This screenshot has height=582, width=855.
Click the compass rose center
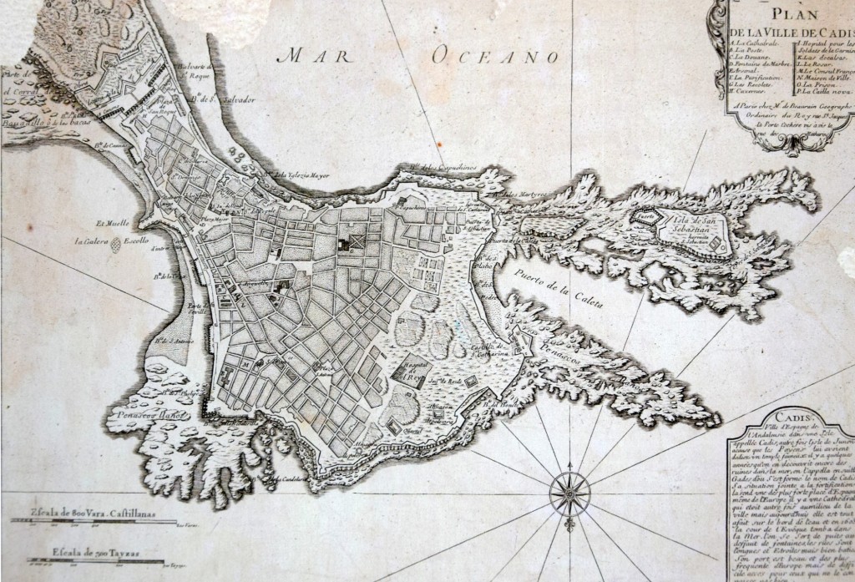(x=570, y=492)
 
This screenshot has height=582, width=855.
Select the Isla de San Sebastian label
(x=694, y=223)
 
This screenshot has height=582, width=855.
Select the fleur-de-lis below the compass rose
(x=570, y=528)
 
